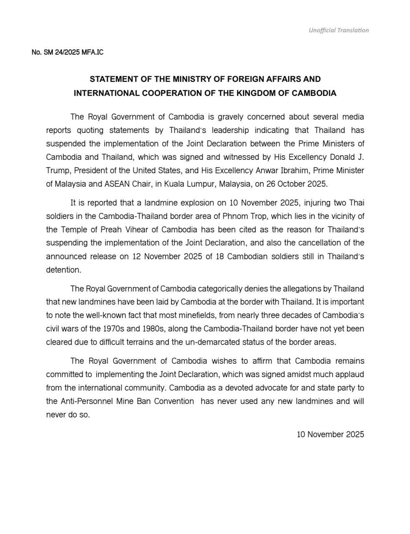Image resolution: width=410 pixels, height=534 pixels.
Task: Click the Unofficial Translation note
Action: click(x=339, y=30)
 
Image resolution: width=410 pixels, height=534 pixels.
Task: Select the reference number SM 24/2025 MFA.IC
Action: click(x=67, y=53)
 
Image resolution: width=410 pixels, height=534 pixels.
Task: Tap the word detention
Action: click(x=63, y=270)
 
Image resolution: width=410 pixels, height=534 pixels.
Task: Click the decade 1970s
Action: click(x=121, y=329)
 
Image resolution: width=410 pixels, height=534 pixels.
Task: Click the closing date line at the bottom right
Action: click(x=330, y=434)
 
